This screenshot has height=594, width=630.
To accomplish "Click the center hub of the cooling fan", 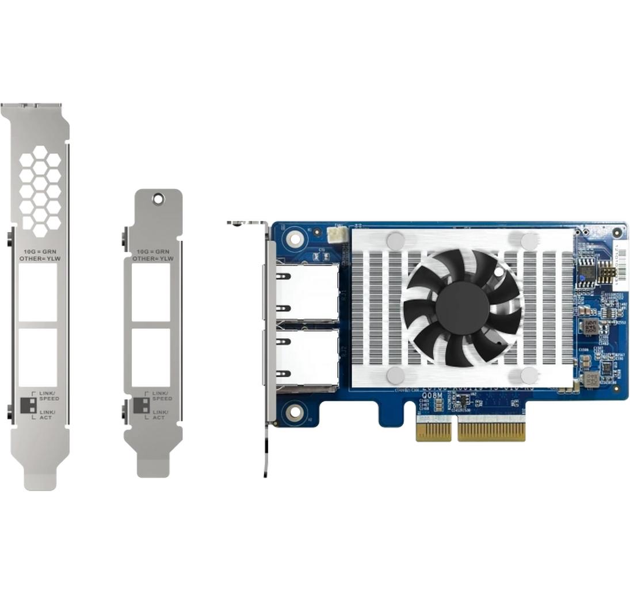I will [x=462, y=308].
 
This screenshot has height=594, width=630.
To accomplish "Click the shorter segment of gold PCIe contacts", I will [x=433, y=431].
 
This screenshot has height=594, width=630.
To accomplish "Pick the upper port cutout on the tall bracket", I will [x=38, y=292].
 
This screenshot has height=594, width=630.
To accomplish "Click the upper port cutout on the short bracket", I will [x=151, y=292].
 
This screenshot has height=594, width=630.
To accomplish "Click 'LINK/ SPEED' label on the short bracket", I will [x=162, y=396].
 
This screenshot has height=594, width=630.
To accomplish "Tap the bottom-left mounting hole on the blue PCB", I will [x=295, y=411].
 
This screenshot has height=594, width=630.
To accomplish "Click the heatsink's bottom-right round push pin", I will [x=529, y=375].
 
